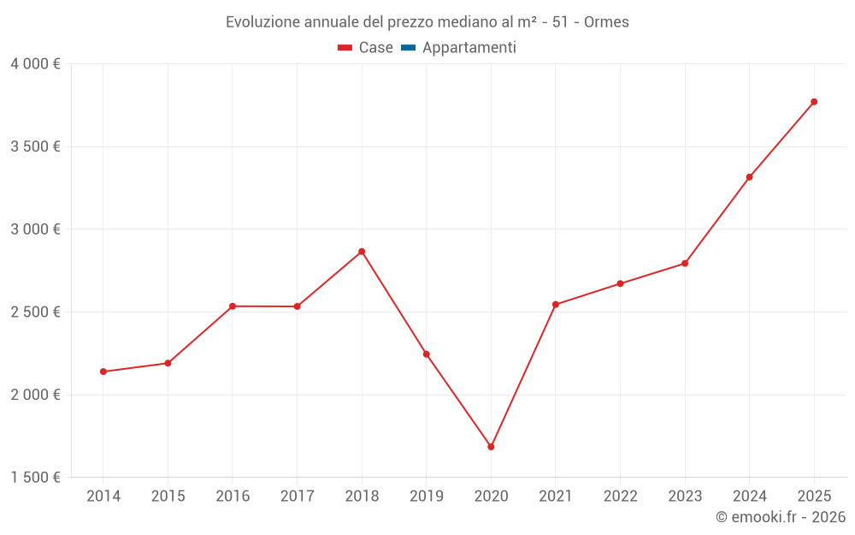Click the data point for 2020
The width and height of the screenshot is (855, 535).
click(x=491, y=447)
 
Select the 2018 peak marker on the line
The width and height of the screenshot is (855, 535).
click(x=362, y=252)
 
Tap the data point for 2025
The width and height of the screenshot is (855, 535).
click(x=814, y=102)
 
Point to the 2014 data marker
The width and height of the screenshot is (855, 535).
click(x=103, y=372)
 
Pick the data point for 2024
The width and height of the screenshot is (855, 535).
click(x=750, y=177)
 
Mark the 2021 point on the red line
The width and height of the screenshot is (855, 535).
click(x=556, y=304)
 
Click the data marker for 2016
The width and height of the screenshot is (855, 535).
click(x=233, y=306)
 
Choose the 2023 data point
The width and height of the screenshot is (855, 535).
click(x=685, y=264)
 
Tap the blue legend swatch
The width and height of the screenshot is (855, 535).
click(x=408, y=48)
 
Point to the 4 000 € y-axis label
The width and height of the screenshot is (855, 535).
click(x=36, y=64)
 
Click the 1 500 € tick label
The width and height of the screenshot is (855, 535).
click(x=36, y=478)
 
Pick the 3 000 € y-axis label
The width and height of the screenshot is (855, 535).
click(x=36, y=229)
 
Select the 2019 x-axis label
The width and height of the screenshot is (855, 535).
click(x=426, y=496)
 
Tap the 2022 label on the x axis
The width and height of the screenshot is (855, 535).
click(x=620, y=496)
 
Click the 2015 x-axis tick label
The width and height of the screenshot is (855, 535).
click(x=168, y=496)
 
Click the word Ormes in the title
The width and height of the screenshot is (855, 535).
click(x=606, y=22)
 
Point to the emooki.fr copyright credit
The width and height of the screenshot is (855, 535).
click(x=781, y=517)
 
